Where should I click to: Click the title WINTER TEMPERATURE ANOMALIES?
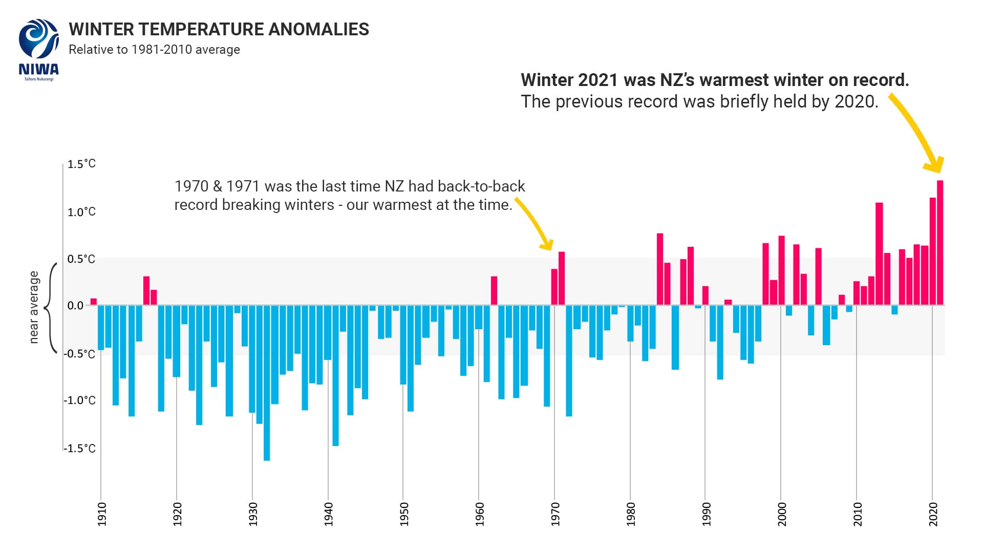[x=219, y=30]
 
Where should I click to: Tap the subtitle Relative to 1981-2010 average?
[x=154, y=50]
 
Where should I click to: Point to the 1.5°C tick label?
[x=81, y=164]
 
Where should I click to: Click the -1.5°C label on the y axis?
[x=80, y=449]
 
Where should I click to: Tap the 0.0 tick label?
[x=75, y=306]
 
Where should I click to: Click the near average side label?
[x=34, y=307]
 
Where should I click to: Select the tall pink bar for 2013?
[x=879, y=253]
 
